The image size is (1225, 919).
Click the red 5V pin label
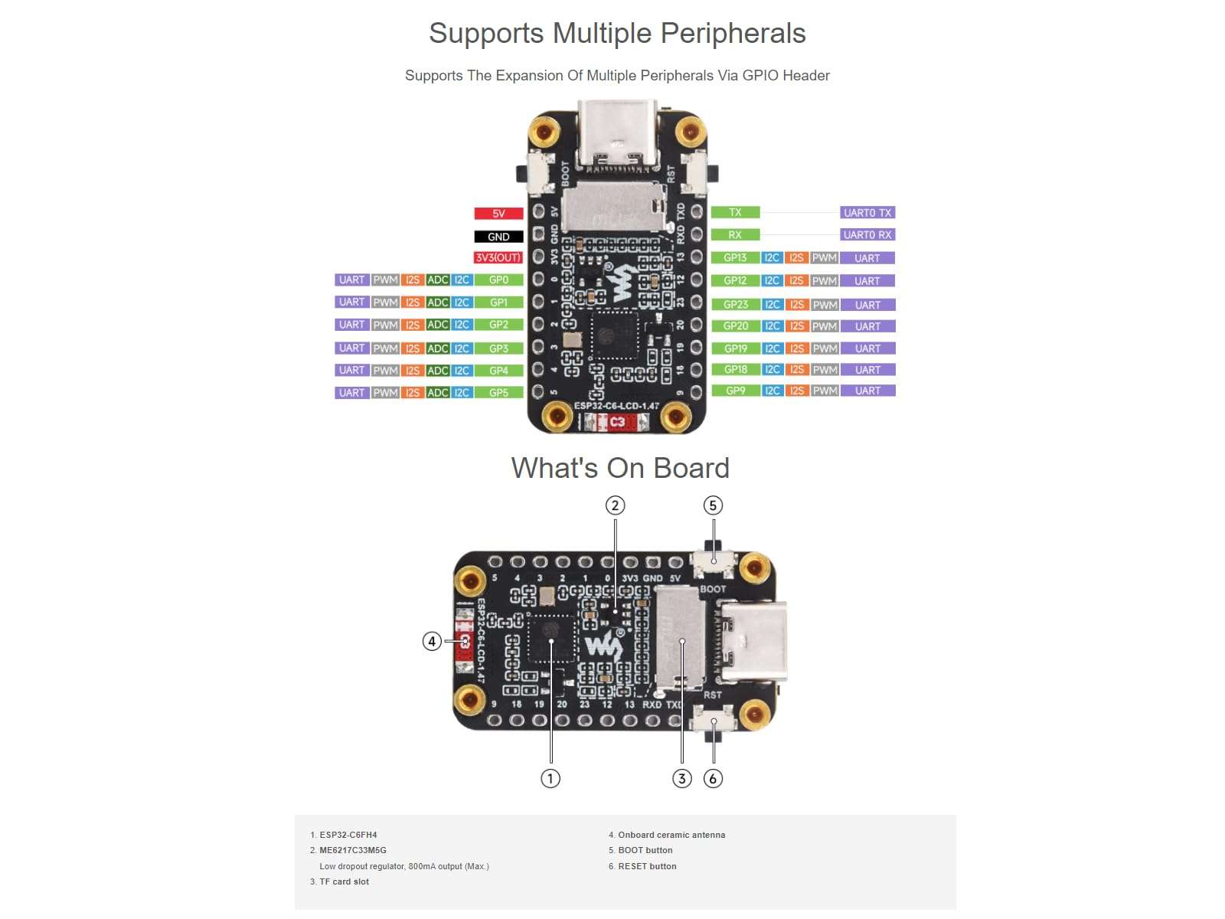498,214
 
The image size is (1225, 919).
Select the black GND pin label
498,237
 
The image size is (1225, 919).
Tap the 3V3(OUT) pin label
498,258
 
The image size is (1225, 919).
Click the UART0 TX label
867,213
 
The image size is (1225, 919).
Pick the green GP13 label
735,258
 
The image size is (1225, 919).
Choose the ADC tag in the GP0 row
437,280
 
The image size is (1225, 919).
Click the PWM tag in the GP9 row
825,391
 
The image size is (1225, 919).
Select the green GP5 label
498,393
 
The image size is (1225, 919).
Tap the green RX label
735,235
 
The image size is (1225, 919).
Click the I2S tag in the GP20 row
797,326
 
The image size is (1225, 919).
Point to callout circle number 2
615,505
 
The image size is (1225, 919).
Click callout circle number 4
432,641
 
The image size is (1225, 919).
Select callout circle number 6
713,779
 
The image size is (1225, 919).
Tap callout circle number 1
550,779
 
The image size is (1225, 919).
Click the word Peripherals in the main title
733,34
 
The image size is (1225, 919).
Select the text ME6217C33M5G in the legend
352,850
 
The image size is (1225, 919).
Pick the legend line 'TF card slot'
344,881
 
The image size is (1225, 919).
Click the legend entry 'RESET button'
647,866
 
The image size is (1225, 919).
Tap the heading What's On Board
620,468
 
